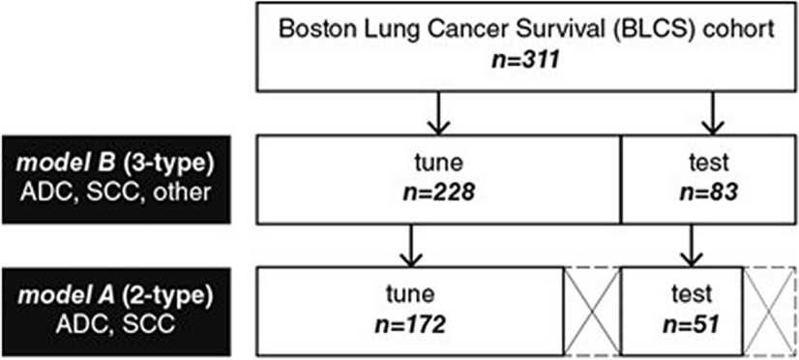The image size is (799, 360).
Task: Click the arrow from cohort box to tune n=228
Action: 439,113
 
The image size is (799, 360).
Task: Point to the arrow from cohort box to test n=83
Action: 714,113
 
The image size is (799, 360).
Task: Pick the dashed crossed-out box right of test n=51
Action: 770,304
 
